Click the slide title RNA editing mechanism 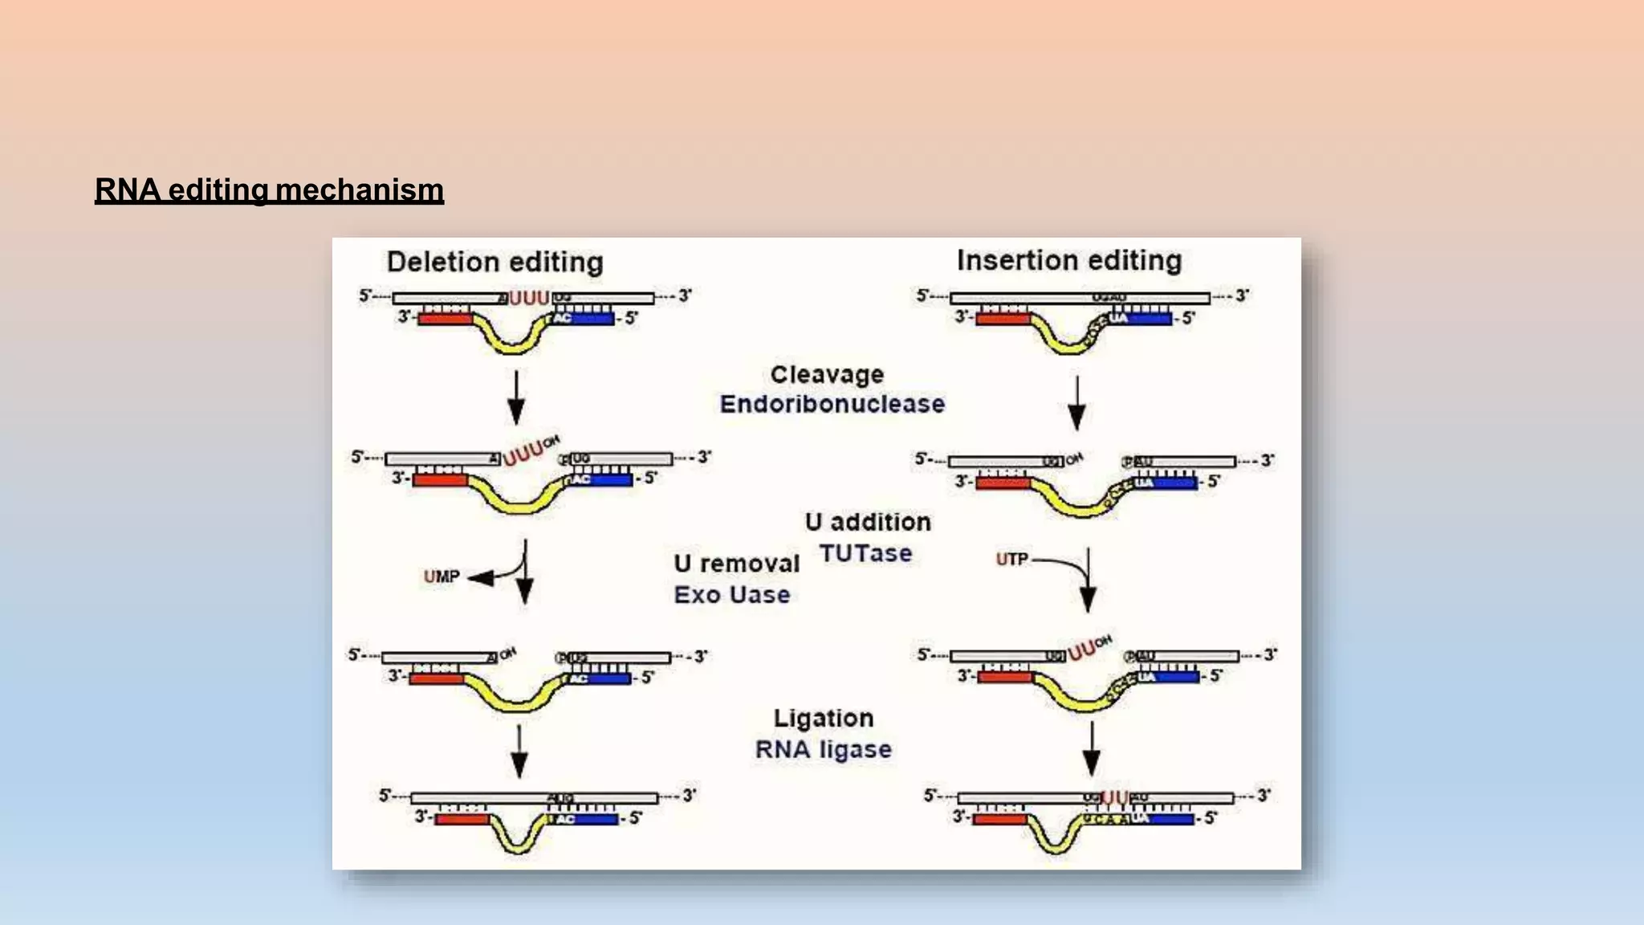[x=269, y=190]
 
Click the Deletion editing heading [x=494, y=263]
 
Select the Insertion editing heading [x=1068, y=261]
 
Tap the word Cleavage [x=827, y=375]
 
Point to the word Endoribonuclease [x=832, y=404]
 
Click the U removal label [x=736, y=564]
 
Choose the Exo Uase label [x=731, y=595]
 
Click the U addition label [x=868, y=522]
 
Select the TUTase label [x=865, y=553]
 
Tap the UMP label [x=442, y=577]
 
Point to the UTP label [x=1011, y=559]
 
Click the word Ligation [x=824, y=718]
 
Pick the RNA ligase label [x=823, y=749]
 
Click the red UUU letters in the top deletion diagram [x=529, y=299]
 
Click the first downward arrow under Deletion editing [x=516, y=397]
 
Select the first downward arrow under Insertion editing [x=1076, y=402]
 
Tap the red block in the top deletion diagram [x=445, y=319]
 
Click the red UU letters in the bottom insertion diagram [x=1114, y=797]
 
